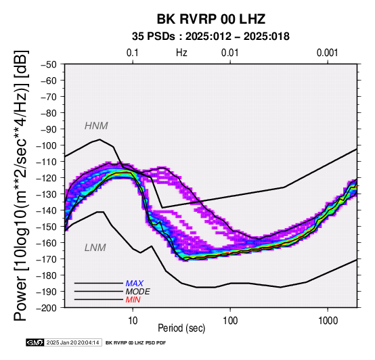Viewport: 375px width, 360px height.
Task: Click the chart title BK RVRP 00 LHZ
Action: coord(211,19)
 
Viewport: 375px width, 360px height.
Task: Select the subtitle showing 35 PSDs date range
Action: coord(211,37)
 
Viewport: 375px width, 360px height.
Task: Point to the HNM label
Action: coord(96,126)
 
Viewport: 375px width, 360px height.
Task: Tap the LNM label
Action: coord(95,248)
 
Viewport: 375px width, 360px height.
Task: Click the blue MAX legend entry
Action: coord(135,284)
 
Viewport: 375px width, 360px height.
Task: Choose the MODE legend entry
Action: coord(138,292)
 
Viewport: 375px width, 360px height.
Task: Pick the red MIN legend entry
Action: coord(133,300)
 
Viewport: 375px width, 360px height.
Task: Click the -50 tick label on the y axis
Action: coord(49,64)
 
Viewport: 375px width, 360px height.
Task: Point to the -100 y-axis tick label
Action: coord(47,145)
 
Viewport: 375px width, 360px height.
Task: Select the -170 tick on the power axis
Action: coord(47,259)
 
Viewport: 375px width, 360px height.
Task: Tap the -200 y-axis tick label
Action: coord(47,308)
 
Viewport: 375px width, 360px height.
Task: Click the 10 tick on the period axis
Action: coord(133,321)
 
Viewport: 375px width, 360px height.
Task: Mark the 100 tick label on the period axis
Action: coord(230,321)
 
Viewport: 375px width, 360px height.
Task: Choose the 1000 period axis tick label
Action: coord(328,321)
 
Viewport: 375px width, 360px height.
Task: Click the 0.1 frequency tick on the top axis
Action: coord(133,53)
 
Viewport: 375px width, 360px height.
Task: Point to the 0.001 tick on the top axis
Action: coord(328,53)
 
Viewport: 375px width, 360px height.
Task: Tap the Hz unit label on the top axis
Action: coord(181,53)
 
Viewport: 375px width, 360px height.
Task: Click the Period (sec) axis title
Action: coord(181,328)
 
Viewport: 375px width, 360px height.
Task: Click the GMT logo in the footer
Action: coord(35,342)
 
